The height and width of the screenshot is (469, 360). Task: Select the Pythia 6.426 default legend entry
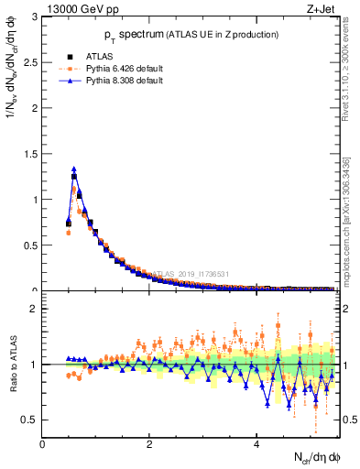115,69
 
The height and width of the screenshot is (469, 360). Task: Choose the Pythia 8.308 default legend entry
115,81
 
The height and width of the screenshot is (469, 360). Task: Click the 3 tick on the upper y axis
36,16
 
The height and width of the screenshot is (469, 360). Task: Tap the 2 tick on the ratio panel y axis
36,309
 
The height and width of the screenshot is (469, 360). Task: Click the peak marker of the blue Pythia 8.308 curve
74,169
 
